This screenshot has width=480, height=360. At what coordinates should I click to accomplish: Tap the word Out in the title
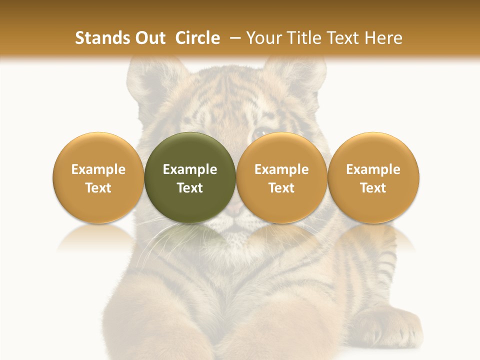(148, 38)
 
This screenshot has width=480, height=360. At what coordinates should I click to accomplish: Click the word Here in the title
(384, 38)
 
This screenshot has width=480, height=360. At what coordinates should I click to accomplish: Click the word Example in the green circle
(190, 169)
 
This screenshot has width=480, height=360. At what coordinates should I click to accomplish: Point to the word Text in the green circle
(190, 188)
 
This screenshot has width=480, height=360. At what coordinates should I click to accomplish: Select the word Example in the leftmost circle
(98, 169)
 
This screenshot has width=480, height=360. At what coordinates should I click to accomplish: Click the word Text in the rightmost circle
(373, 188)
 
